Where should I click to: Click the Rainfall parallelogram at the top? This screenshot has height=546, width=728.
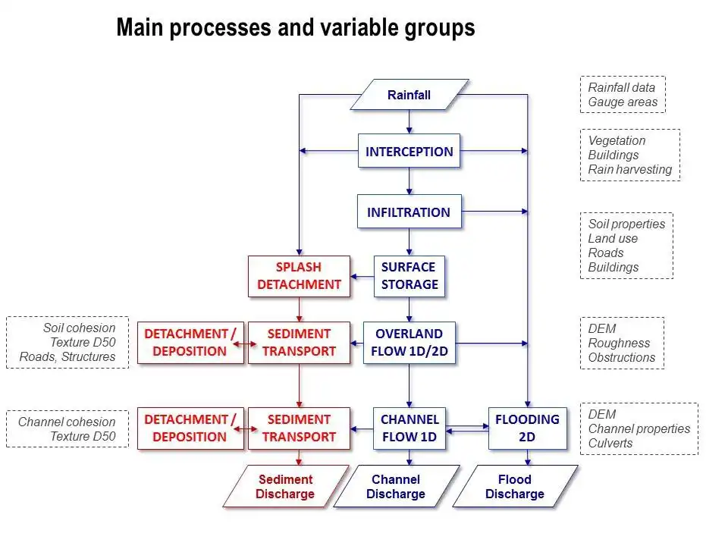(x=409, y=95)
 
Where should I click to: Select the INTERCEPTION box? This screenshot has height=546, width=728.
(x=409, y=152)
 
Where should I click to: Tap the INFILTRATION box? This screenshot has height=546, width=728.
(x=409, y=212)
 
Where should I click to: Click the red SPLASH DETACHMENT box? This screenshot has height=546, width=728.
(x=300, y=276)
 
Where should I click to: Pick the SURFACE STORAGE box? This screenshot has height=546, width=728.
(x=409, y=276)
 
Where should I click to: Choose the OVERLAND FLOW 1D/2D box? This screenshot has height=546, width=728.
(x=409, y=343)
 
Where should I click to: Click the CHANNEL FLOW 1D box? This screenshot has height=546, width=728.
(x=409, y=428)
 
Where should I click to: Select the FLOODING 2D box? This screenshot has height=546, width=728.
(x=527, y=428)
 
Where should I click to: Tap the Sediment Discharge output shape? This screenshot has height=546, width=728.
(x=285, y=487)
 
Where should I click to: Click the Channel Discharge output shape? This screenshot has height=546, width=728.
(x=396, y=487)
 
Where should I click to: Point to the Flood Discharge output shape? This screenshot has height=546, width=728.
(x=515, y=487)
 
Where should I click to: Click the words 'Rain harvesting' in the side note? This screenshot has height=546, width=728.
(x=630, y=170)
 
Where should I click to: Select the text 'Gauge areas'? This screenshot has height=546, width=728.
(x=623, y=102)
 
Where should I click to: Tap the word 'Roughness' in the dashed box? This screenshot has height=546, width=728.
(x=619, y=343)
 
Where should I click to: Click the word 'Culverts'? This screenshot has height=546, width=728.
(x=610, y=443)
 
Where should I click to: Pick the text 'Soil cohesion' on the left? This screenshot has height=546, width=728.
(x=79, y=328)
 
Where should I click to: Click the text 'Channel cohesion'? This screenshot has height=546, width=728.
(x=67, y=422)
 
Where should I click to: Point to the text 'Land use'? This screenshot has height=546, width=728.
(x=613, y=239)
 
